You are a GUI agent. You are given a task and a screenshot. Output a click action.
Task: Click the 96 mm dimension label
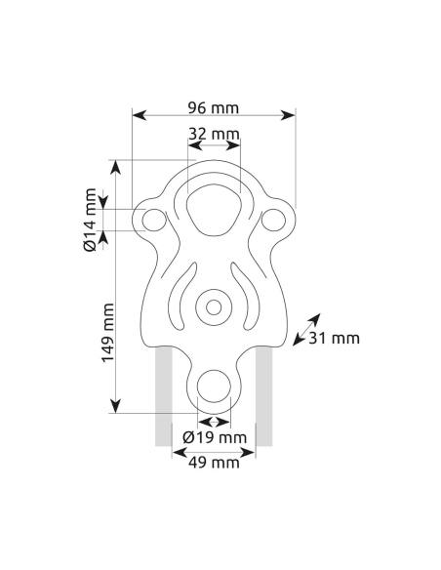point(214,105)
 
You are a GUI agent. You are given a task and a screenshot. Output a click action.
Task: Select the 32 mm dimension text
point(214,133)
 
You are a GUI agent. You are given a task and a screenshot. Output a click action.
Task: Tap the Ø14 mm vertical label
point(90,221)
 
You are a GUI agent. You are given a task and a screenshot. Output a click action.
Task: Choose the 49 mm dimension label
point(214,463)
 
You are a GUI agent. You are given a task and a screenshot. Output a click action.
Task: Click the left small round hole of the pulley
point(152,220)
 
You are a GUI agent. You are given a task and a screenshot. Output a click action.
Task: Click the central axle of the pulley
point(212,307)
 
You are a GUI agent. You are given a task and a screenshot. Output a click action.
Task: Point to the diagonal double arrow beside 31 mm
point(305,330)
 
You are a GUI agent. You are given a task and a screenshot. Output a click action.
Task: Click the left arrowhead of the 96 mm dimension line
point(138,115)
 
